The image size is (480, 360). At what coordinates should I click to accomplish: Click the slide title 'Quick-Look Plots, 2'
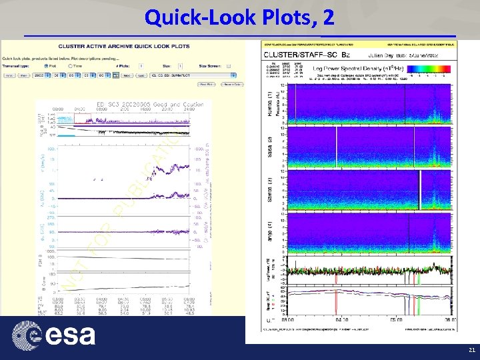pos(239,16)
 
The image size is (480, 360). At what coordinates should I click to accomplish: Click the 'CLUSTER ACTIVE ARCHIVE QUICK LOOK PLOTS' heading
pos(123,46)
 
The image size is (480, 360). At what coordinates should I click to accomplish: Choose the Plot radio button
pos(45,67)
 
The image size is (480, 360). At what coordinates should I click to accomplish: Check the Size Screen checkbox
pos(229,67)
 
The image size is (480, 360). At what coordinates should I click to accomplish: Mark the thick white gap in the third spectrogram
pos(420,190)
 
